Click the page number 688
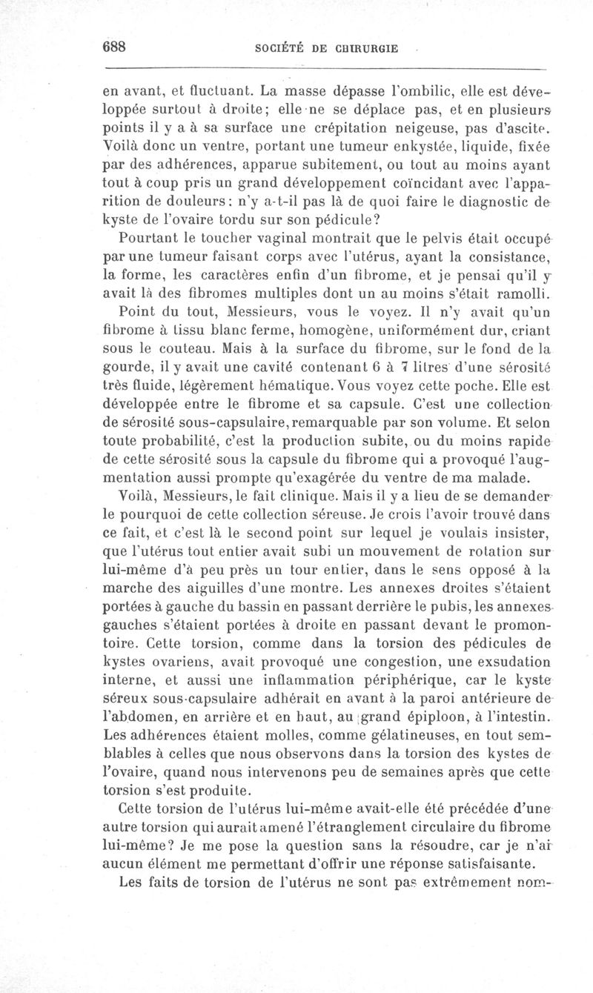click(x=116, y=45)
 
